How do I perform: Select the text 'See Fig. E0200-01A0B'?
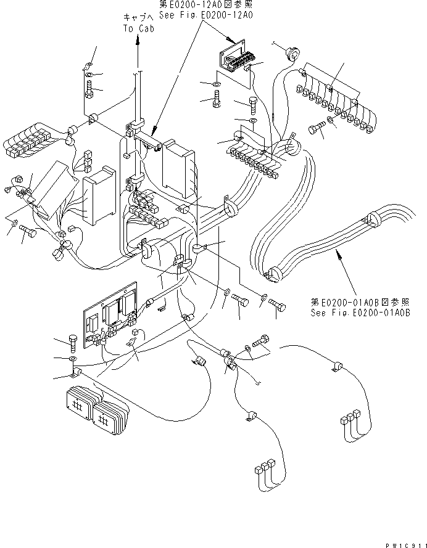point(360,313)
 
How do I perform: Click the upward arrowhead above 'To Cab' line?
point(137,38)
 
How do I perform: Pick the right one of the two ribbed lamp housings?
point(112,417)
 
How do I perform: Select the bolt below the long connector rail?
point(314,130)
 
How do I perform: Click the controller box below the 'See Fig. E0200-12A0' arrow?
point(176,165)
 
